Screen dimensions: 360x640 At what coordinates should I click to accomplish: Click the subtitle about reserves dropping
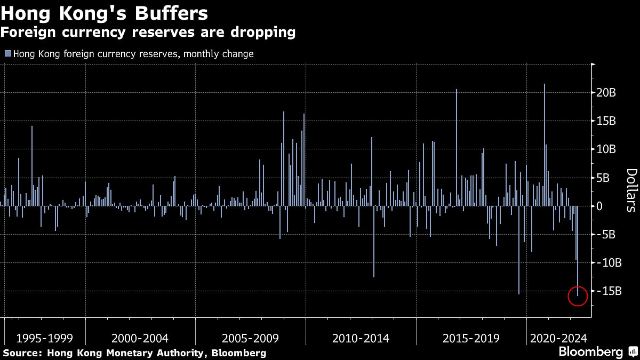click(148, 32)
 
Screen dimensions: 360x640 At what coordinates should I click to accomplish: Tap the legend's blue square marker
click(7, 54)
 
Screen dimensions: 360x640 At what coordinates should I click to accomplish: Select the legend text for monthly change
click(133, 54)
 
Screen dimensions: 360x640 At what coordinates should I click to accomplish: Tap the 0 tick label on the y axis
click(601, 206)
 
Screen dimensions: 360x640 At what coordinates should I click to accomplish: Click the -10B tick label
click(608, 262)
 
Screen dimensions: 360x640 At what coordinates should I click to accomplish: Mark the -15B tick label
click(608, 291)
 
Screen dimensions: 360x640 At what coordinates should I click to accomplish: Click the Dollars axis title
click(631, 190)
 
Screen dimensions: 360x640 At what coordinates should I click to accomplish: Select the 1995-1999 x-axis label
click(45, 338)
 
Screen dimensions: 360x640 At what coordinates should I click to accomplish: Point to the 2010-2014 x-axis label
click(361, 338)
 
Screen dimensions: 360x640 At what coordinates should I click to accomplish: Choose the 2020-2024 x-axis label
click(558, 338)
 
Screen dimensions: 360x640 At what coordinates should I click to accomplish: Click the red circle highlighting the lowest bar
click(577, 295)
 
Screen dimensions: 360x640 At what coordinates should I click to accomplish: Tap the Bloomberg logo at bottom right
click(590, 352)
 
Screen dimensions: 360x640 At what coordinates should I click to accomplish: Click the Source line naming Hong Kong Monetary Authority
click(134, 353)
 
